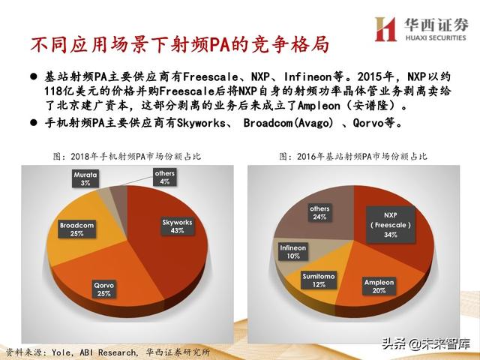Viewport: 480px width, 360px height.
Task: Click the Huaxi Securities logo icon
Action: (x=385, y=28)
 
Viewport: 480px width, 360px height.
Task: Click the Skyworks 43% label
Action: (x=178, y=226)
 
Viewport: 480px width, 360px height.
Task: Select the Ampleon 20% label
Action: (x=379, y=286)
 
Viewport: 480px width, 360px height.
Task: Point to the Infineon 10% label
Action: (x=293, y=250)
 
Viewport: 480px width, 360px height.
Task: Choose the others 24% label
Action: (x=319, y=212)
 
